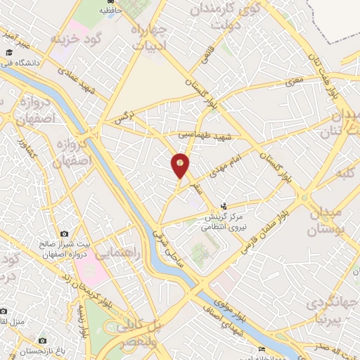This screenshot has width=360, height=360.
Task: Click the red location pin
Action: tap(181, 166)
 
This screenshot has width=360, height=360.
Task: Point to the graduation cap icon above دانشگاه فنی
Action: tap(9, 53)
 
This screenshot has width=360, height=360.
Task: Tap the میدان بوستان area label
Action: tap(325, 220)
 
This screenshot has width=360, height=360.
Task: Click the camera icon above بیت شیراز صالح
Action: tap(65, 233)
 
